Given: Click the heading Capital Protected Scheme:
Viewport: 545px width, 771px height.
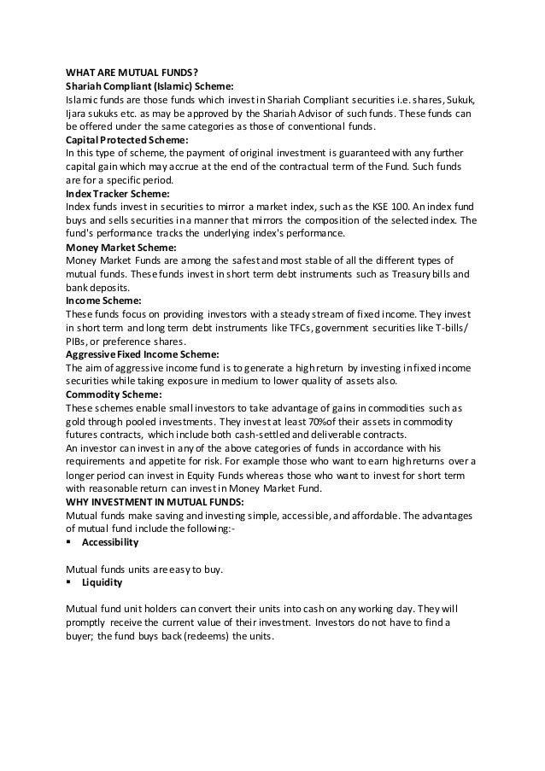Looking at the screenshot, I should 127,140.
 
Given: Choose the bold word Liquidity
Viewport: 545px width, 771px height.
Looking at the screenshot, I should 102,582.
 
